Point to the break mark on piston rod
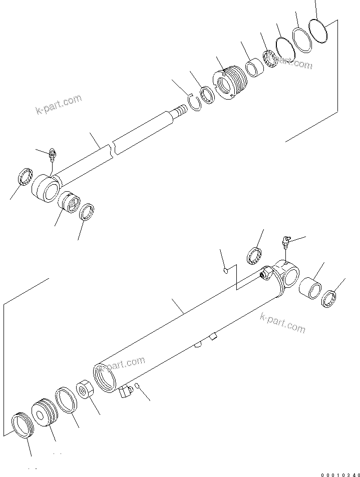pyautogui.click(x=114, y=148)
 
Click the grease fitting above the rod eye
pyautogui.click(x=52, y=156)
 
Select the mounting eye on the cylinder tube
pyautogui.click(x=288, y=275)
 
